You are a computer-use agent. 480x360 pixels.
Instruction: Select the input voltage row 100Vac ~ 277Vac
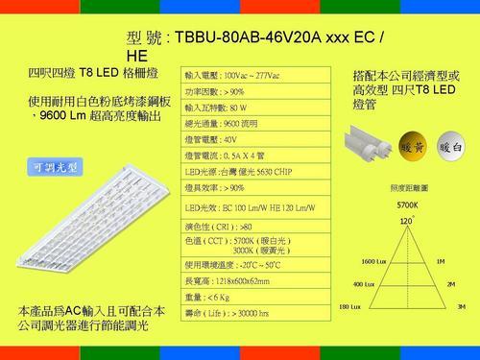coord(239,75)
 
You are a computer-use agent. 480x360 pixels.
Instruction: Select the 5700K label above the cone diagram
coord(406,205)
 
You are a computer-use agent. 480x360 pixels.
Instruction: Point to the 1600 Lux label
coord(374,262)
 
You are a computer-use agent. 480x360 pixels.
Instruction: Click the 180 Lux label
coord(351,307)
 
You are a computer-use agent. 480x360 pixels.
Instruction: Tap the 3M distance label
coord(461,307)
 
